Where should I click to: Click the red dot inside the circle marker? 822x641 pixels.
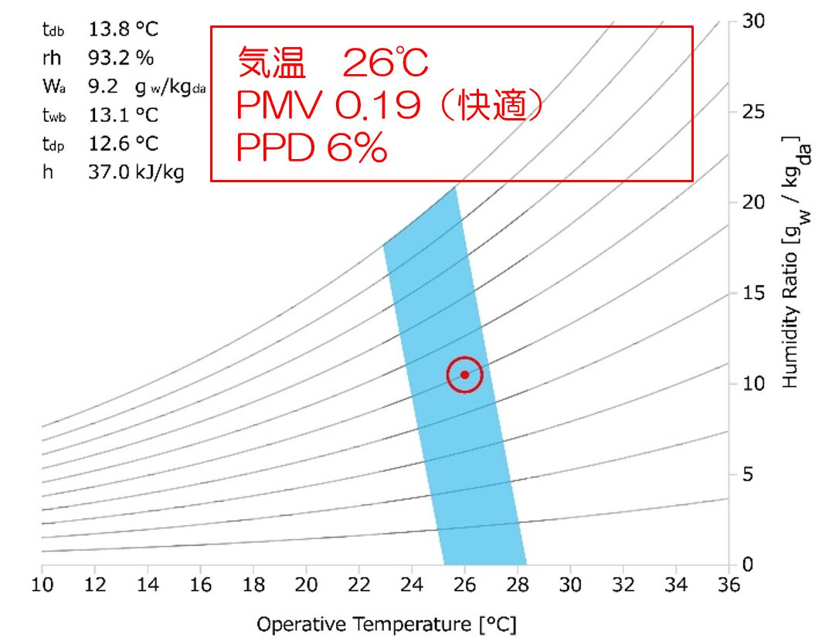(464, 375)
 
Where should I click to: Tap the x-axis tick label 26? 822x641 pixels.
(464, 584)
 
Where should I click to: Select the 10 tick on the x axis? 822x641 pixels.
(42, 584)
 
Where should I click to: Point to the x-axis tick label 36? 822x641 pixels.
(728, 584)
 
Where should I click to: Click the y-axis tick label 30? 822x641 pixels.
(753, 21)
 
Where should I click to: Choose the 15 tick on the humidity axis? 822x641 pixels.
(753, 293)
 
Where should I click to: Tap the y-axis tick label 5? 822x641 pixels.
(749, 474)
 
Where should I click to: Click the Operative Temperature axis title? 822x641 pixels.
(386, 623)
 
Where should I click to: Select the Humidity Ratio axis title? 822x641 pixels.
(792, 263)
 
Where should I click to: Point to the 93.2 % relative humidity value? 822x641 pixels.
(121, 58)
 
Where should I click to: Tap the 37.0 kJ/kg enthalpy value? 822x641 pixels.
(136, 172)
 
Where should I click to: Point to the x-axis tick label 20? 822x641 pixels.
(306, 584)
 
